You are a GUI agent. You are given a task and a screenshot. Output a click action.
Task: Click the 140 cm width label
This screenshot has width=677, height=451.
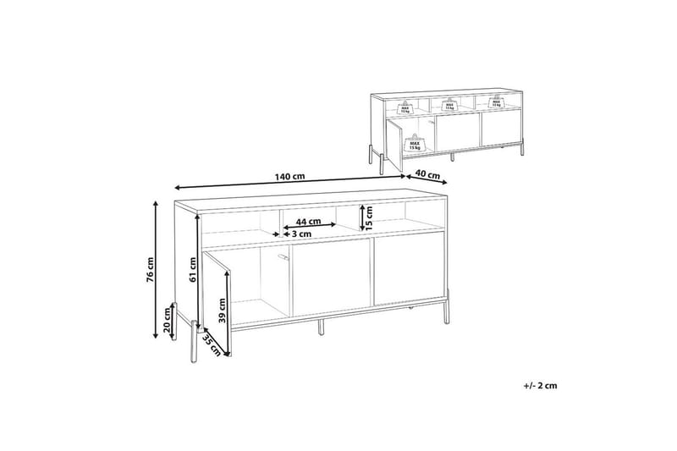coord(289,177)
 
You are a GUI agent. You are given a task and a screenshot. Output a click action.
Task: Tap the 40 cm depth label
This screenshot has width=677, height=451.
coord(430,177)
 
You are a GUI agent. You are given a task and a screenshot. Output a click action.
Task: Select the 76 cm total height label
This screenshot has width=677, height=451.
coord(150,268)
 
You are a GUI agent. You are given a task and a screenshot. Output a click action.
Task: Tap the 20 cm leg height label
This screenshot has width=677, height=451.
coord(168,322)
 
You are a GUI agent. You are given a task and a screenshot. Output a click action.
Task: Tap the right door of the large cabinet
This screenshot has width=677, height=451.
coord(409,272)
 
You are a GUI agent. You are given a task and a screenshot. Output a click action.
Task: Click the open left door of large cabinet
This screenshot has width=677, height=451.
coord(217,300)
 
